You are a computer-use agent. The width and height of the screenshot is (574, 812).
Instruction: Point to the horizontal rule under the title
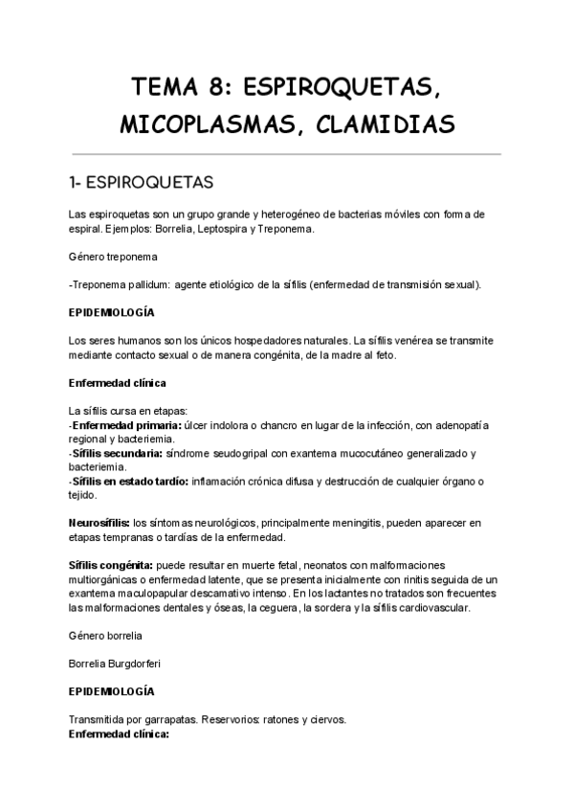click(x=287, y=153)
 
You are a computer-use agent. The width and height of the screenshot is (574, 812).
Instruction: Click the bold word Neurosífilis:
click(x=99, y=523)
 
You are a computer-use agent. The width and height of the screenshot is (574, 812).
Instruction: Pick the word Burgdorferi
click(x=142, y=663)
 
